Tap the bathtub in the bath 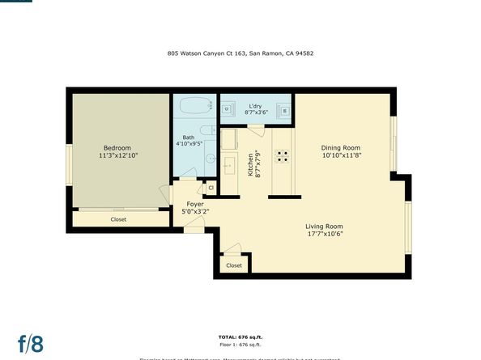194,106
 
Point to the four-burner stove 283,156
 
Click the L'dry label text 254,106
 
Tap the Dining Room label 340,147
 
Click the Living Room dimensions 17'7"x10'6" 324,235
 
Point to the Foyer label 195,204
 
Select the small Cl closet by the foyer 211,188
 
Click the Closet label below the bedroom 118,218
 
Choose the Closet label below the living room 233,265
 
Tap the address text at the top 241,53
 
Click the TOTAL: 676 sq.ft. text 240,336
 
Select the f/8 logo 31,342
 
